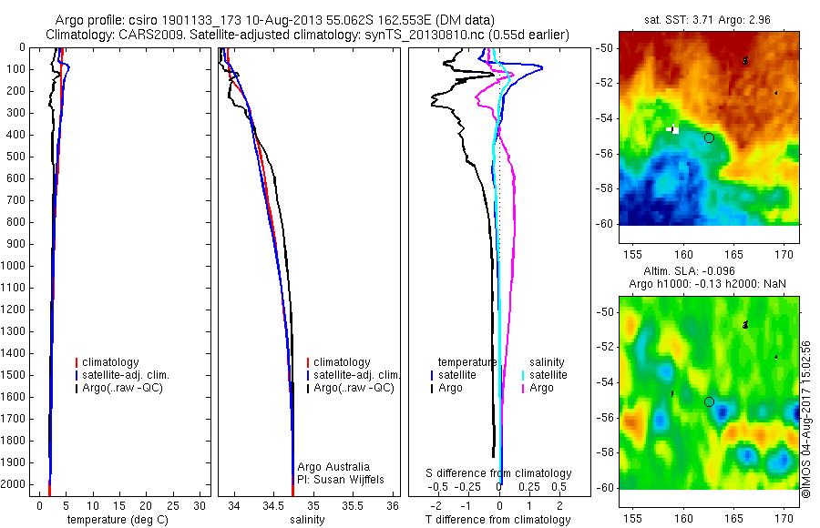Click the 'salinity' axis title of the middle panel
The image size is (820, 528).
click(305, 520)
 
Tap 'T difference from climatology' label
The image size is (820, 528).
click(499, 520)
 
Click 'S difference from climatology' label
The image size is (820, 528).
click(499, 473)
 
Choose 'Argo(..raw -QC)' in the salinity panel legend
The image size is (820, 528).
click(354, 388)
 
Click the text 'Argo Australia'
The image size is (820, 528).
click(334, 467)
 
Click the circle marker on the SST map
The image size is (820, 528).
click(709, 137)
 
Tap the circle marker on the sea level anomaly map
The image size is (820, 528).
click(709, 401)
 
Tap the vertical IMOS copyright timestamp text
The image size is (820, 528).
click(806, 401)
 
